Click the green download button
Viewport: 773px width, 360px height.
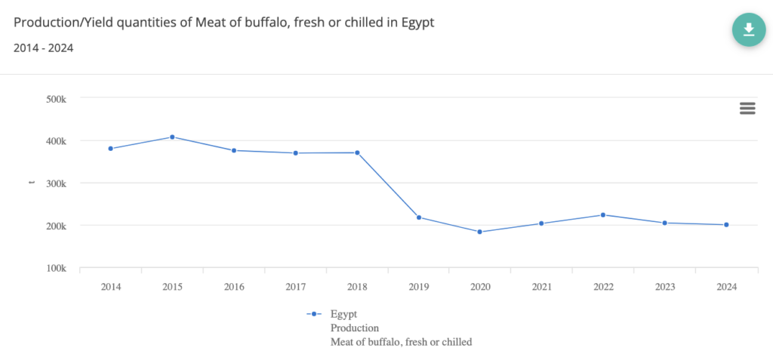click(748, 29)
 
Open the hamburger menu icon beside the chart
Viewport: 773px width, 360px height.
click(747, 108)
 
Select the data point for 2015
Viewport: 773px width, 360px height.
click(172, 137)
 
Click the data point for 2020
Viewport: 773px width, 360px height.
click(480, 232)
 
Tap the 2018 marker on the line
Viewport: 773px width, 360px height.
click(357, 152)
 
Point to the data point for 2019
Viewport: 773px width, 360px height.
click(419, 217)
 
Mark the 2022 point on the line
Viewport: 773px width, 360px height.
click(603, 215)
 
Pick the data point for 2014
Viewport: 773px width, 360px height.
click(111, 149)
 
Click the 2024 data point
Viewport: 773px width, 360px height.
click(726, 225)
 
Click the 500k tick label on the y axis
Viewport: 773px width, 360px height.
click(57, 98)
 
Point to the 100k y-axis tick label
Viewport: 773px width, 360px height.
click(57, 268)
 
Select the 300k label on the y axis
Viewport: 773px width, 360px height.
click(57, 183)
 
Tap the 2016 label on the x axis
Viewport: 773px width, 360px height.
click(234, 287)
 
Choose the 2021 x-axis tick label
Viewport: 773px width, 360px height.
click(541, 287)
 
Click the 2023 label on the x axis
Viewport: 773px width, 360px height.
click(664, 287)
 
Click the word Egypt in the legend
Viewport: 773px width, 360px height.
click(343, 314)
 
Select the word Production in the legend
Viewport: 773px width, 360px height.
click(355, 328)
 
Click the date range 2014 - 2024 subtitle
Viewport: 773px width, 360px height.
click(43, 48)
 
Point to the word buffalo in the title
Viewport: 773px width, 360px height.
click(259, 22)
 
